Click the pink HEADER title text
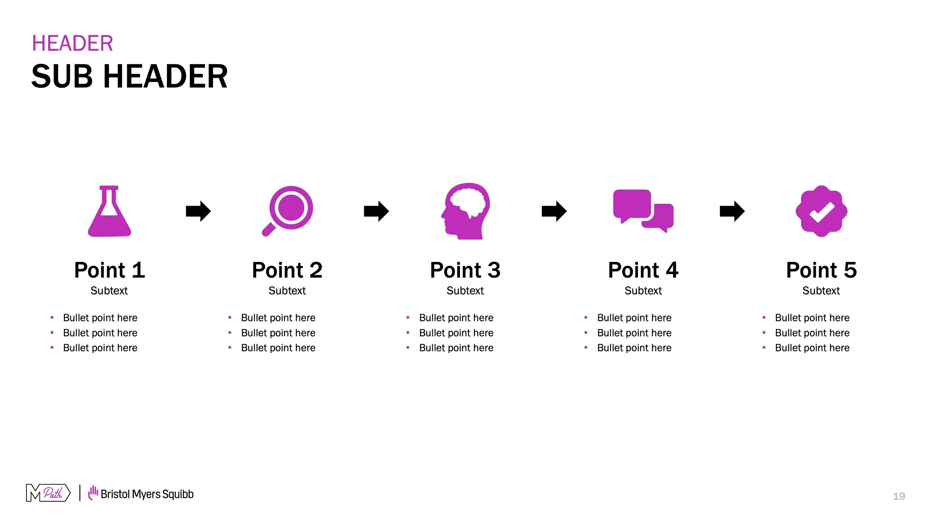point(72,43)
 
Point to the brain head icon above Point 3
point(466,211)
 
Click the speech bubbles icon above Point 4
point(643,211)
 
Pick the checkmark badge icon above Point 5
point(822,211)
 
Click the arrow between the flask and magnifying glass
point(198,211)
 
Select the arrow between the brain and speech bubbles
point(554,211)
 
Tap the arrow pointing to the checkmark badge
point(732,211)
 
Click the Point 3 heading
point(465,270)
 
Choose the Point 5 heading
point(822,270)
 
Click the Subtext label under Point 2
point(287,291)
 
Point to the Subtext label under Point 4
point(643,291)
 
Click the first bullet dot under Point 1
point(52,318)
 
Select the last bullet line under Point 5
point(812,348)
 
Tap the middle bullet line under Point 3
point(456,333)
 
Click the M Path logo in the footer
point(48,493)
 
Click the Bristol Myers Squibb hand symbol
point(93,493)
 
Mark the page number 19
point(899,496)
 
